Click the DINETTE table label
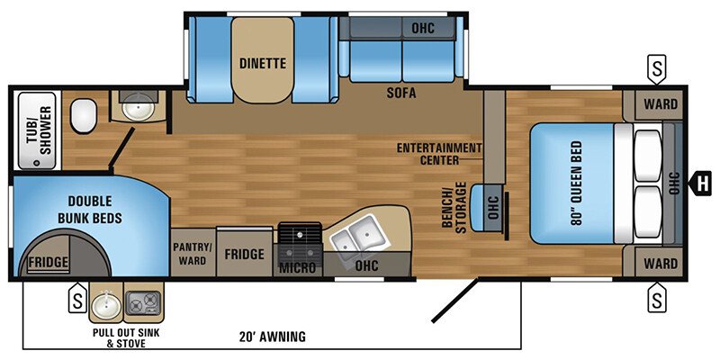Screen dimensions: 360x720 [x=262, y=63]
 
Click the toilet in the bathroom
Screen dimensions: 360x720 [x=85, y=115]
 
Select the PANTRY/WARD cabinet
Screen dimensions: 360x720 [x=192, y=253]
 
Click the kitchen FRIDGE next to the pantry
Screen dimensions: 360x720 [x=245, y=254]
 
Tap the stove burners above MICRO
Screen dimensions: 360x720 [x=298, y=235]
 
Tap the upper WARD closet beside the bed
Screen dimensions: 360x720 [x=658, y=103]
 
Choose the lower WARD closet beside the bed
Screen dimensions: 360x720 [x=658, y=264]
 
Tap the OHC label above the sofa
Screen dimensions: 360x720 [x=422, y=28]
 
